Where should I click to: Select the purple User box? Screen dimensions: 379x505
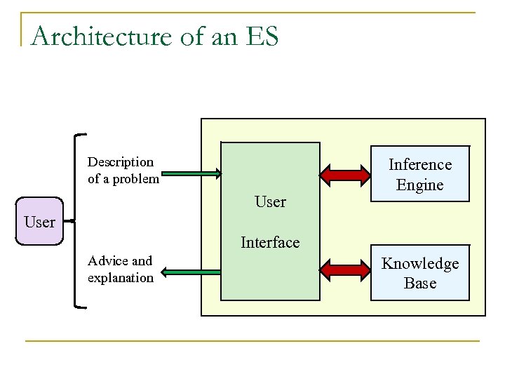click(x=39, y=222)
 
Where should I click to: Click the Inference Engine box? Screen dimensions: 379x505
click(x=419, y=174)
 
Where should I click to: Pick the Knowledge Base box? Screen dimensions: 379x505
click(x=419, y=273)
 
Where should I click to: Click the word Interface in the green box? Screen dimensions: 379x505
click(x=270, y=243)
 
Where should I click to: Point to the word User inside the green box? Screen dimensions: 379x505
click(x=270, y=202)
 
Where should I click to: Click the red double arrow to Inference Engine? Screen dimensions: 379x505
click(x=345, y=173)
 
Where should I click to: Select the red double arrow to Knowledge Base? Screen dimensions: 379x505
click(x=345, y=269)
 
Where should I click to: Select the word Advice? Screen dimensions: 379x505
click(x=109, y=261)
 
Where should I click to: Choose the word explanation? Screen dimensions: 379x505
click(x=121, y=278)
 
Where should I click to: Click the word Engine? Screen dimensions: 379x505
click(x=419, y=185)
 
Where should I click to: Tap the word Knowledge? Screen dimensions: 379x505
click(x=419, y=264)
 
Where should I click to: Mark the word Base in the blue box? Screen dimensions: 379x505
click(x=419, y=284)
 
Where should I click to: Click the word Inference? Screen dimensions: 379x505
click(x=419, y=165)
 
